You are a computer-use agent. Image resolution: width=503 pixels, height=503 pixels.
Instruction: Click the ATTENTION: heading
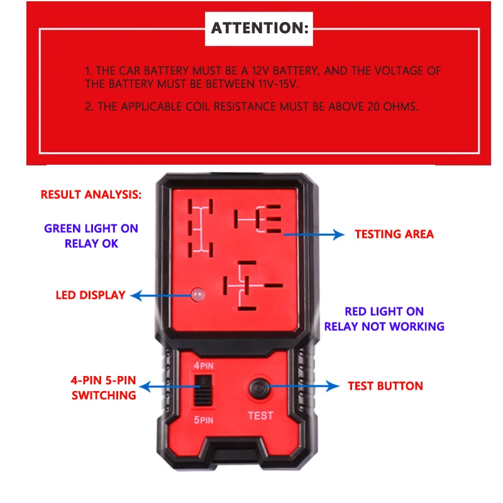click(260, 28)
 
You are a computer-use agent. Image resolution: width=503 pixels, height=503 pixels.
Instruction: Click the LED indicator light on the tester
click(199, 294)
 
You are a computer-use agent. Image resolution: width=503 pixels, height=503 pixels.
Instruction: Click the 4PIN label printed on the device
click(202, 364)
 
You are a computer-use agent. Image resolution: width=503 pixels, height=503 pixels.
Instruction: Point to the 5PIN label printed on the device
click(202, 419)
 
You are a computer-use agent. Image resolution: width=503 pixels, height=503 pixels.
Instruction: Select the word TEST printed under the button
click(260, 416)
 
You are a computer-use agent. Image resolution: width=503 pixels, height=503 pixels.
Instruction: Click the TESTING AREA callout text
click(394, 235)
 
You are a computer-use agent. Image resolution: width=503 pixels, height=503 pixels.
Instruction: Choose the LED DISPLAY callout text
click(91, 295)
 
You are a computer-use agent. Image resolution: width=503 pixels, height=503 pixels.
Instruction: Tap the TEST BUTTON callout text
click(385, 385)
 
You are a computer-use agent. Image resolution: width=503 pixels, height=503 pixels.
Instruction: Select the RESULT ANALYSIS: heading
click(91, 194)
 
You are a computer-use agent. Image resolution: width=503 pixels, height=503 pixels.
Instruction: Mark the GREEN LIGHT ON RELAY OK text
click(91, 236)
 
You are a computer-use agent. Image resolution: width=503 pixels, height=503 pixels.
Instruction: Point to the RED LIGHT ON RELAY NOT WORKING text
click(384, 319)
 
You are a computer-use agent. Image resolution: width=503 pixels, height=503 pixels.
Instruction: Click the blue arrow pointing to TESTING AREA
click(314, 235)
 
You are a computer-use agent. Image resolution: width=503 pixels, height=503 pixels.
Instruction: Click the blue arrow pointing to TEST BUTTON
click(302, 386)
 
